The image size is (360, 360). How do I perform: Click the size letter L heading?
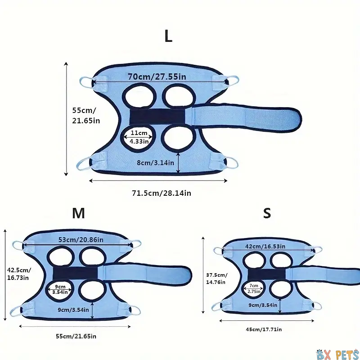pos(168,36)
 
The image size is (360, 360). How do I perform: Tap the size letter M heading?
pos(78,213)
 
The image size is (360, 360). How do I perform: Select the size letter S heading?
pos(267,213)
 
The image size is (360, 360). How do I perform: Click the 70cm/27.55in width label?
pos(157,76)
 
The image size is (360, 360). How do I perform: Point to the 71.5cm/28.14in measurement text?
pos(162,193)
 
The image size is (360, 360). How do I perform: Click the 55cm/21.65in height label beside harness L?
pos(86,116)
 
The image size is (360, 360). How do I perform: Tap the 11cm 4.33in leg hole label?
pos(139,137)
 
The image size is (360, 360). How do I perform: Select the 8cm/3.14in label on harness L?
pos(155,163)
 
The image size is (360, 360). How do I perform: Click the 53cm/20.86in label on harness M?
pos(81,240)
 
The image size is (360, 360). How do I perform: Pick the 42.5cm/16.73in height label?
pos(19,274)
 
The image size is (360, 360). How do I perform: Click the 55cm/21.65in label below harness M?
pos(76,336)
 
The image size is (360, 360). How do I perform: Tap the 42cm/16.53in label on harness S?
pos(265,246)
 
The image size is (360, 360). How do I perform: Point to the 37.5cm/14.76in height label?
pos(217,278)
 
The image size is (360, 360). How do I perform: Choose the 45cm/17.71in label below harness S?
pos(264,329)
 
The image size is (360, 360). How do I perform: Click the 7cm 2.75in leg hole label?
pos(254,288)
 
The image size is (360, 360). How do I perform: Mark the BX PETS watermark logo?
pos(337,354)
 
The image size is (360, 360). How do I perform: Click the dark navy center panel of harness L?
pos(157,116)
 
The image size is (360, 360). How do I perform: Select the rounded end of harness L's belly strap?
pos(296,120)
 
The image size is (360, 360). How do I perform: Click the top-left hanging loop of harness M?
pos(18,245)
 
